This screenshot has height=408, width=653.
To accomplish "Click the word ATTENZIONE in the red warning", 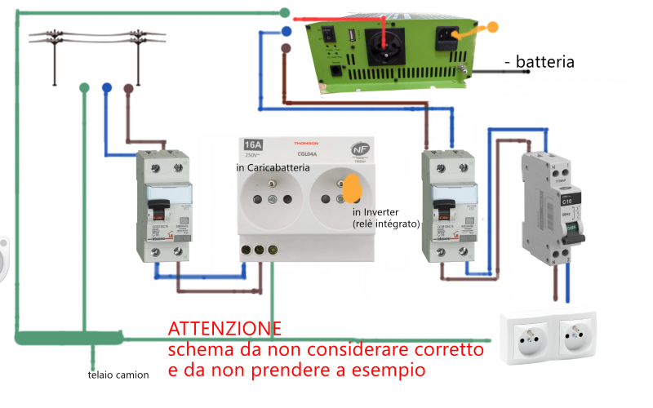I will point(224,329).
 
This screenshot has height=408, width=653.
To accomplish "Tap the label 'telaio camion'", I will point(118,375).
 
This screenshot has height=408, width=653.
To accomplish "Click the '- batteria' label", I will point(540,61).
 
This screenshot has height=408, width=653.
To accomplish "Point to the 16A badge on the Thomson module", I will point(254,147).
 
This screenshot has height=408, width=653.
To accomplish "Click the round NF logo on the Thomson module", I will point(358,150).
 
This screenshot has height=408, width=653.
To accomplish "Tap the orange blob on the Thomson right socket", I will point(353,188).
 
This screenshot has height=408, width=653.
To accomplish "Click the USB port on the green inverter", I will point(350,36).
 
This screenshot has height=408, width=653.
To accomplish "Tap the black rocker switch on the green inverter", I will point(326,33).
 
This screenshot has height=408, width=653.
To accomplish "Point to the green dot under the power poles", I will point(84,87).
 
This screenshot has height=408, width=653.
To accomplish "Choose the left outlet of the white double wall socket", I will point(526,335).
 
